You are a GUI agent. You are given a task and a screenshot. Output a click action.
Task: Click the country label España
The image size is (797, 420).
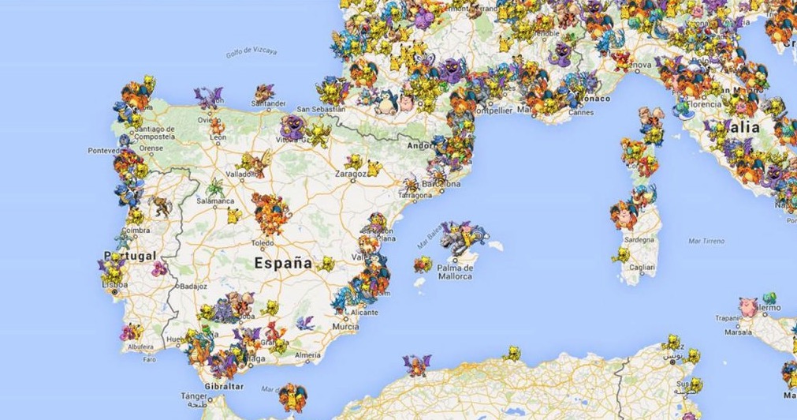[283, 264]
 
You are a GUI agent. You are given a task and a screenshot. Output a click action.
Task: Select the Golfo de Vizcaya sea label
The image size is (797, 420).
[251, 52]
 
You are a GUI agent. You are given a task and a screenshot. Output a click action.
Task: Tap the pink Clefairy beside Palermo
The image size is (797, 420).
[747, 307]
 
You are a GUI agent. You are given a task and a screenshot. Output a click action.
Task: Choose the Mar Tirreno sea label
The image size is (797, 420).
[706, 240]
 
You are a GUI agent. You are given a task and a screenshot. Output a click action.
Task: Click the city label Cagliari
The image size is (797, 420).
[642, 268]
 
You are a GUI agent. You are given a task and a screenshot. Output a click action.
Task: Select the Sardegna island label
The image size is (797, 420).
[639, 238]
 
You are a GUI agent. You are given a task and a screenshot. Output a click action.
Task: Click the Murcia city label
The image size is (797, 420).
[345, 325]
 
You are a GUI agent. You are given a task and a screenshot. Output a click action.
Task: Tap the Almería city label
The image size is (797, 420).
[307, 356]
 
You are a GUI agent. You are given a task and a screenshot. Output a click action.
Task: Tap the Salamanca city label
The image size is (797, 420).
[214, 201]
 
